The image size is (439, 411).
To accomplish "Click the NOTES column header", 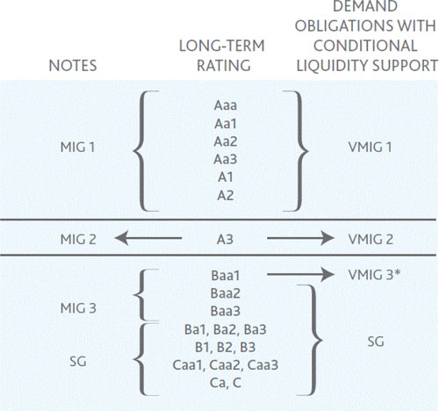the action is coord(73,66).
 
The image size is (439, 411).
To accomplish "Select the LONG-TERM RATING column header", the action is coord(222,55).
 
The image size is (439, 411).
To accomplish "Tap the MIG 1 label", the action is coord(77,148).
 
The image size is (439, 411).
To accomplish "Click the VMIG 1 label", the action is coord(370,148).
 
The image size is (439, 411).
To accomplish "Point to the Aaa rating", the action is coord(225,105).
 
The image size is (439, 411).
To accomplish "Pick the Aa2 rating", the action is coord(225,141).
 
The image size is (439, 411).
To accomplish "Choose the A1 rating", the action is coord(225,177).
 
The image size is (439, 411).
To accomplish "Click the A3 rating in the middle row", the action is coord(225,240).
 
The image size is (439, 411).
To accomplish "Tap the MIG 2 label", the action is coord(78,240).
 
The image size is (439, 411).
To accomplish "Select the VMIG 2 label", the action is coord(371,240).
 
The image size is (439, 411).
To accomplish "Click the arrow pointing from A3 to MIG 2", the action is coord(148,238).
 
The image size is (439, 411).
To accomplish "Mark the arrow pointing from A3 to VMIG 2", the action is coord(300,238).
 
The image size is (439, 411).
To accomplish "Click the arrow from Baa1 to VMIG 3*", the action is coord(300,275).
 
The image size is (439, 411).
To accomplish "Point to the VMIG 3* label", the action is coord(374,275).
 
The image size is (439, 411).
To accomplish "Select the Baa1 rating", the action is coord(225,276).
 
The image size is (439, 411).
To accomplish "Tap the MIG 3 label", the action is coord(78,308).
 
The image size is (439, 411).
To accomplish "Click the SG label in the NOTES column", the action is coord(78,362).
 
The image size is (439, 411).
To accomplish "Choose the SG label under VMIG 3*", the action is coord(376,342).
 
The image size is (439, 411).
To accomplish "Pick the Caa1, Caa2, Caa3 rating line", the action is coord(225,365).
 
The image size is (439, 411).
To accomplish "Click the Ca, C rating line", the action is coord(226,383).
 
